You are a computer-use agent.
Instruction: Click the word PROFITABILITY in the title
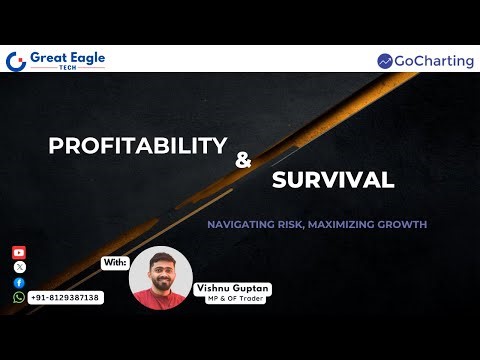coord(138,146)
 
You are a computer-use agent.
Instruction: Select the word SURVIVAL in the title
coord(331,181)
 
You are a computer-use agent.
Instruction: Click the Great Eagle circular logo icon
coord(15,61)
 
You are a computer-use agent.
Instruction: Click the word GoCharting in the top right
coord(434,61)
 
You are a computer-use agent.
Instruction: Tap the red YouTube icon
coord(19,253)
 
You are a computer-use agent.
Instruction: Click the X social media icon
coord(19,268)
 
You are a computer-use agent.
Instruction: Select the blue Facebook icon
coord(19,283)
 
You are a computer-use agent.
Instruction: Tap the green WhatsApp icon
coord(19,297)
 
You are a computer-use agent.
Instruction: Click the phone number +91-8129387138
coord(65,298)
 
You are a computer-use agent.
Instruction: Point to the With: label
coord(115,262)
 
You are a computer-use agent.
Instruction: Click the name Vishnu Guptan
coord(233,287)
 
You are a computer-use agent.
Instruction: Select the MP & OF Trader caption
coord(233,297)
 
